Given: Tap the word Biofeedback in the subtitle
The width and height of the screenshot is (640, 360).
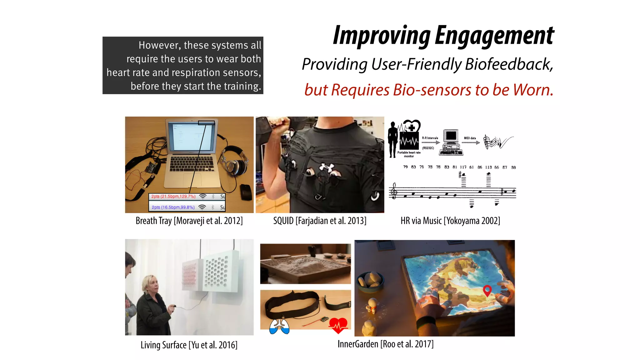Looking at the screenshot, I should pyautogui.click(x=509, y=64).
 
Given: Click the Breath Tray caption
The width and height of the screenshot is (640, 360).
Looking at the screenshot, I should pyautogui.click(x=189, y=221).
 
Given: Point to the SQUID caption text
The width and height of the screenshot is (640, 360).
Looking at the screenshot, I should pyautogui.click(x=320, y=221).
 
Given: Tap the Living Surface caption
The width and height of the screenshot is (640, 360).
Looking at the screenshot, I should pyautogui.click(x=189, y=345).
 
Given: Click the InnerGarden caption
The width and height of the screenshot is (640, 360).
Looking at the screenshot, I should pyautogui.click(x=385, y=344).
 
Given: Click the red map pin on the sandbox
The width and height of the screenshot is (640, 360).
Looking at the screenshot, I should pyautogui.click(x=487, y=290).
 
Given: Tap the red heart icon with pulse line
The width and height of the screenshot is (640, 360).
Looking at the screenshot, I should pyautogui.click(x=338, y=325).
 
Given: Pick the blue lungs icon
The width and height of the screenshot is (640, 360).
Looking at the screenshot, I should pyautogui.click(x=279, y=327).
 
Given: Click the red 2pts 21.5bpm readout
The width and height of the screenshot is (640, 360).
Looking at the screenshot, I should pyautogui.click(x=173, y=197).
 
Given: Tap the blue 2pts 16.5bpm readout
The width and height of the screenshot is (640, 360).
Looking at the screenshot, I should pyautogui.click(x=173, y=207).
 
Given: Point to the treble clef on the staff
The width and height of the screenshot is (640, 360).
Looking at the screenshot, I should pyautogui.click(x=394, y=191).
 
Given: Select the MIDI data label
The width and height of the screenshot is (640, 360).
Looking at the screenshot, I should pyautogui.click(x=470, y=138).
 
